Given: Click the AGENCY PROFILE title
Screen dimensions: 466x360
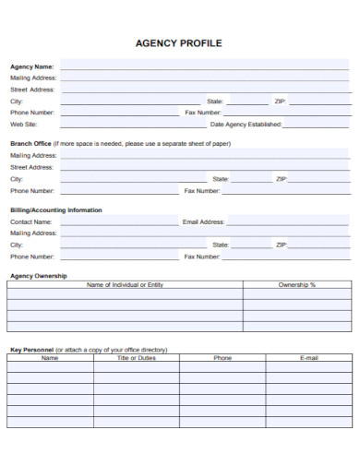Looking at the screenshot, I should pos(179,43).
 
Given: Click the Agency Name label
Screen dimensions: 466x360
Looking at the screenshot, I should pos(31,66).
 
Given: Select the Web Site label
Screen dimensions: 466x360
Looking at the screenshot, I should pos(23,124).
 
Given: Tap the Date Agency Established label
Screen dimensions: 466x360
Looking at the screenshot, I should pos(246,124).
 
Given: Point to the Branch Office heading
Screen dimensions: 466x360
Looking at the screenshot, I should pos(30,144).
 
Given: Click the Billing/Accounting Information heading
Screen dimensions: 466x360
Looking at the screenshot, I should pos(55,210).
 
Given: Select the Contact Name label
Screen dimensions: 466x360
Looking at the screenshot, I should pos(30,222).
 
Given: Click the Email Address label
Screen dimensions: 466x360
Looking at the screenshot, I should pos(203,222).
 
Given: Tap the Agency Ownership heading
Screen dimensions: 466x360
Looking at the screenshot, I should pos(38,276).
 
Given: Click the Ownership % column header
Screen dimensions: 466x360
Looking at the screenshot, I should pos(296,285).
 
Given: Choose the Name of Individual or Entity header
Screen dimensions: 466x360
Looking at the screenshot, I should pos(125,285).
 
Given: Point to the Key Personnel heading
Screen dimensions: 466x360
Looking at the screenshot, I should pos(31,350).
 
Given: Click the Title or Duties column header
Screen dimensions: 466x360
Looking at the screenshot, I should pos(136,358).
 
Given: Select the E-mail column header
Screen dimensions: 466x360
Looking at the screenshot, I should pos(308,358).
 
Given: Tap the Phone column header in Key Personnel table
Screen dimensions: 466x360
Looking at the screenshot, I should pos(222,358).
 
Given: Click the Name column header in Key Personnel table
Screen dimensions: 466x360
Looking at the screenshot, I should pos(50,358).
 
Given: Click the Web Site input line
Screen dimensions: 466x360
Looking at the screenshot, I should pos(120,124).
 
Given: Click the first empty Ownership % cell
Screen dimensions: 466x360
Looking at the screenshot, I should pos(296,295).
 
